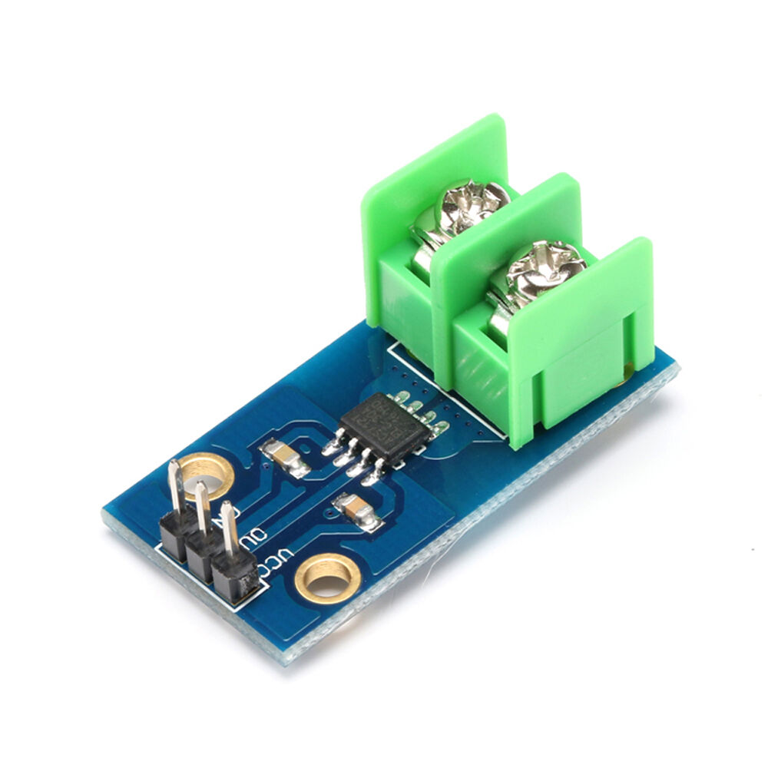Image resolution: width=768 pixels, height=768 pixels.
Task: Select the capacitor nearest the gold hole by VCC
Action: tap(358, 510)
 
